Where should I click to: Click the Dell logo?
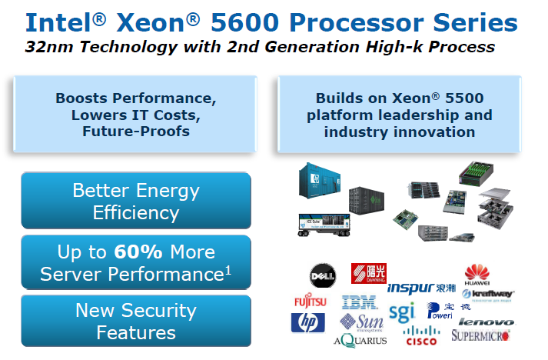point(322,275)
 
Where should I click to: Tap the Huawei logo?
point(477,272)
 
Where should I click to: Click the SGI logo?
point(401,312)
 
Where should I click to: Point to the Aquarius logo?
point(360,339)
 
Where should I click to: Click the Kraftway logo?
point(489,294)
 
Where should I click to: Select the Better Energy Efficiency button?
point(136,201)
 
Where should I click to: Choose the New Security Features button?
point(136,321)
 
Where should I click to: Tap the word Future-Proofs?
point(135,132)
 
